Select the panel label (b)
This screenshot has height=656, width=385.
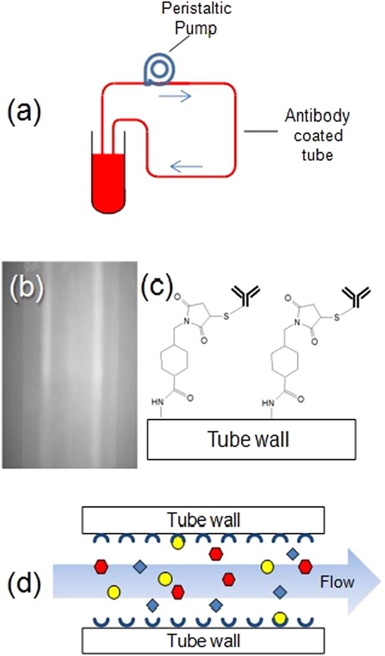tap(23, 289)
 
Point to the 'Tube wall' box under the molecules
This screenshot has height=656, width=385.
tap(252, 439)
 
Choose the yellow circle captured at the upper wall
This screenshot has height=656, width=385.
tap(179, 541)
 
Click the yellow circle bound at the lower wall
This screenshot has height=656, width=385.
tap(279, 618)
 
